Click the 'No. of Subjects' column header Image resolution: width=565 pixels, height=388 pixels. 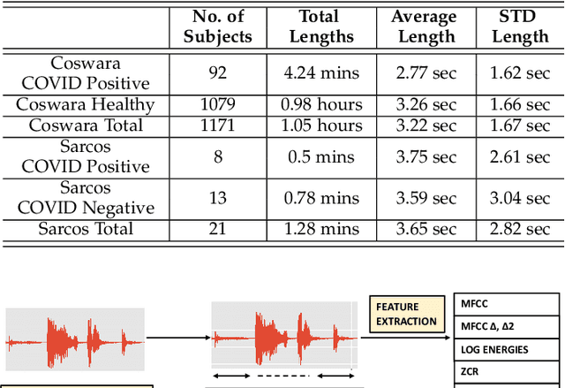(x=217, y=27)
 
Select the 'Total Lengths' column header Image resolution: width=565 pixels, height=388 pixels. (x=319, y=27)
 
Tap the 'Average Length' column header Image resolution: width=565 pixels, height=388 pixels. (x=424, y=27)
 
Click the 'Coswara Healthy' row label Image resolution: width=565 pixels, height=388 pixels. (x=86, y=104)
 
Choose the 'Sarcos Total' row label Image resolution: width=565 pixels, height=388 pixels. (x=86, y=229)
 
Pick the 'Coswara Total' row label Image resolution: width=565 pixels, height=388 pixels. (x=86, y=126)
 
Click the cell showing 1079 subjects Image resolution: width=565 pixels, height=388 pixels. (x=217, y=104)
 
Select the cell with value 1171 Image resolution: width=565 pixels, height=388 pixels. (x=217, y=126)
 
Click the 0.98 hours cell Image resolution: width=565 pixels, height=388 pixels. (x=319, y=104)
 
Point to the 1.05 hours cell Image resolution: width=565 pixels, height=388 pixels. (x=319, y=126)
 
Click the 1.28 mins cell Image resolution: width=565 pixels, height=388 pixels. (x=319, y=229)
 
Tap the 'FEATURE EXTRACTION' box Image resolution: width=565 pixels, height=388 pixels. (x=406, y=314)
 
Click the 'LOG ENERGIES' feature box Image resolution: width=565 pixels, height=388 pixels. (x=506, y=349)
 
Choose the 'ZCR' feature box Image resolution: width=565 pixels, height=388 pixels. (x=506, y=372)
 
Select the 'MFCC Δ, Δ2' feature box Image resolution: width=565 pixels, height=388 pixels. (x=506, y=327)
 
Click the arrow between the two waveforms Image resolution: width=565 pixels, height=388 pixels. (x=177, y=337)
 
